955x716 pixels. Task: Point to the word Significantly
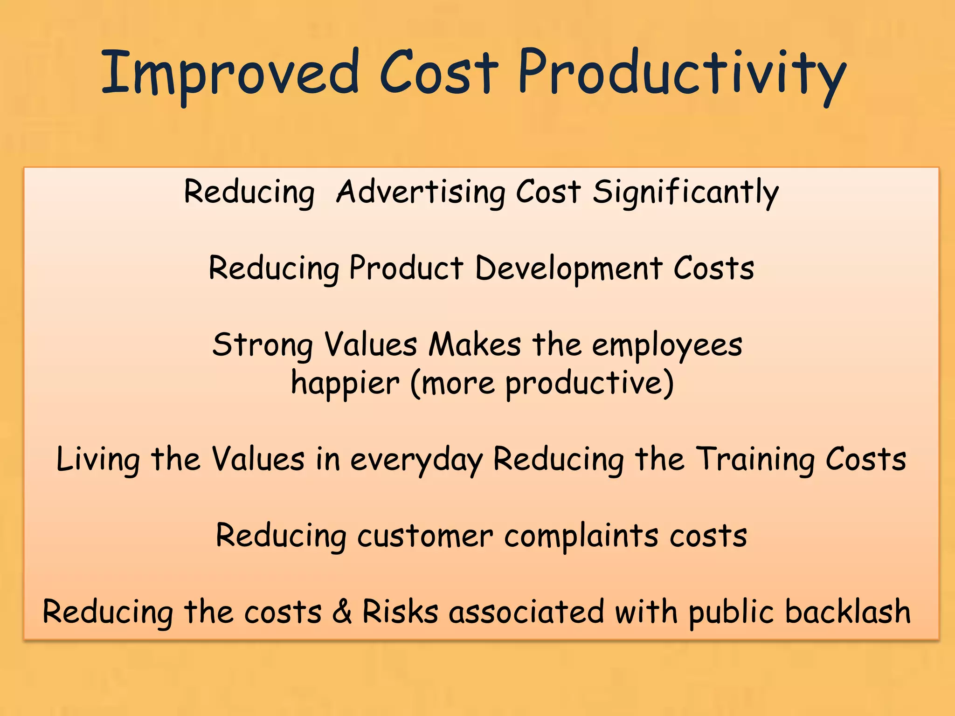coord(685,192)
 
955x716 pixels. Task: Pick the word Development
coord(568,269)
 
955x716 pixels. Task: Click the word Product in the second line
coord(406,269)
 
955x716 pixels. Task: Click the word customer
coord(425,536)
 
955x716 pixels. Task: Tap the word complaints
coord(581,536)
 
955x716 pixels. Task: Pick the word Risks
coord(401,612)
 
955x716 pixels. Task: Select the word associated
coord(526,612)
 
